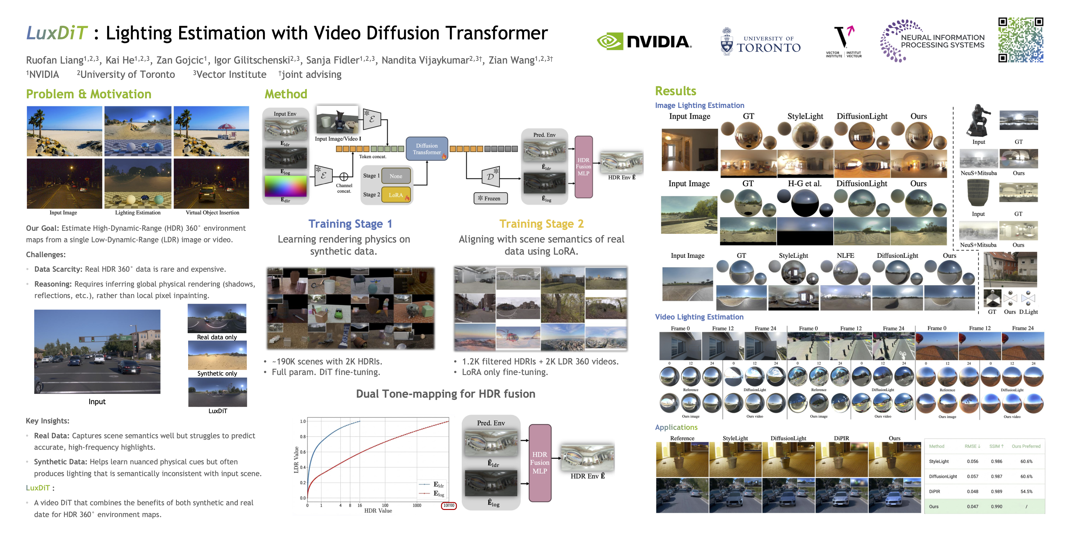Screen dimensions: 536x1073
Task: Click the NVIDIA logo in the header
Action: click(644, 42)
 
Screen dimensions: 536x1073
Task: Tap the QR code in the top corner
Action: click(1021, 40)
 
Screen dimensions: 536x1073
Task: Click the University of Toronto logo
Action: click(761, 42)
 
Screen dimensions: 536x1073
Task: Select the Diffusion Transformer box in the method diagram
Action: click(427, 149)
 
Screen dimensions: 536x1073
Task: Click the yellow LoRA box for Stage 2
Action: click(396, 195)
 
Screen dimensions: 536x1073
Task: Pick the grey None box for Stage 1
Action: click(396, 176)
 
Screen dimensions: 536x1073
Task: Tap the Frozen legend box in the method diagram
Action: click(490, 199)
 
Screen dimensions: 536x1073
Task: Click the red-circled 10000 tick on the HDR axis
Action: click(449, 506)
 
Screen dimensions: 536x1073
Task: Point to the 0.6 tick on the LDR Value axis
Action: click(303, 452)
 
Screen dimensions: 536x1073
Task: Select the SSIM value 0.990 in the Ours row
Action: click(996, 507)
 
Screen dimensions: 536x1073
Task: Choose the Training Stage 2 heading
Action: click(541, 224)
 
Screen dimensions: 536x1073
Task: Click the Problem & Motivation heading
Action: click(89, 94)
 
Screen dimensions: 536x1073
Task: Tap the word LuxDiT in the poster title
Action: click(57, 33)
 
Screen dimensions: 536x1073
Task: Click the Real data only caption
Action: click(217, 337)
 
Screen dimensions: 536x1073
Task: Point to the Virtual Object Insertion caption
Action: click(212, 213)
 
